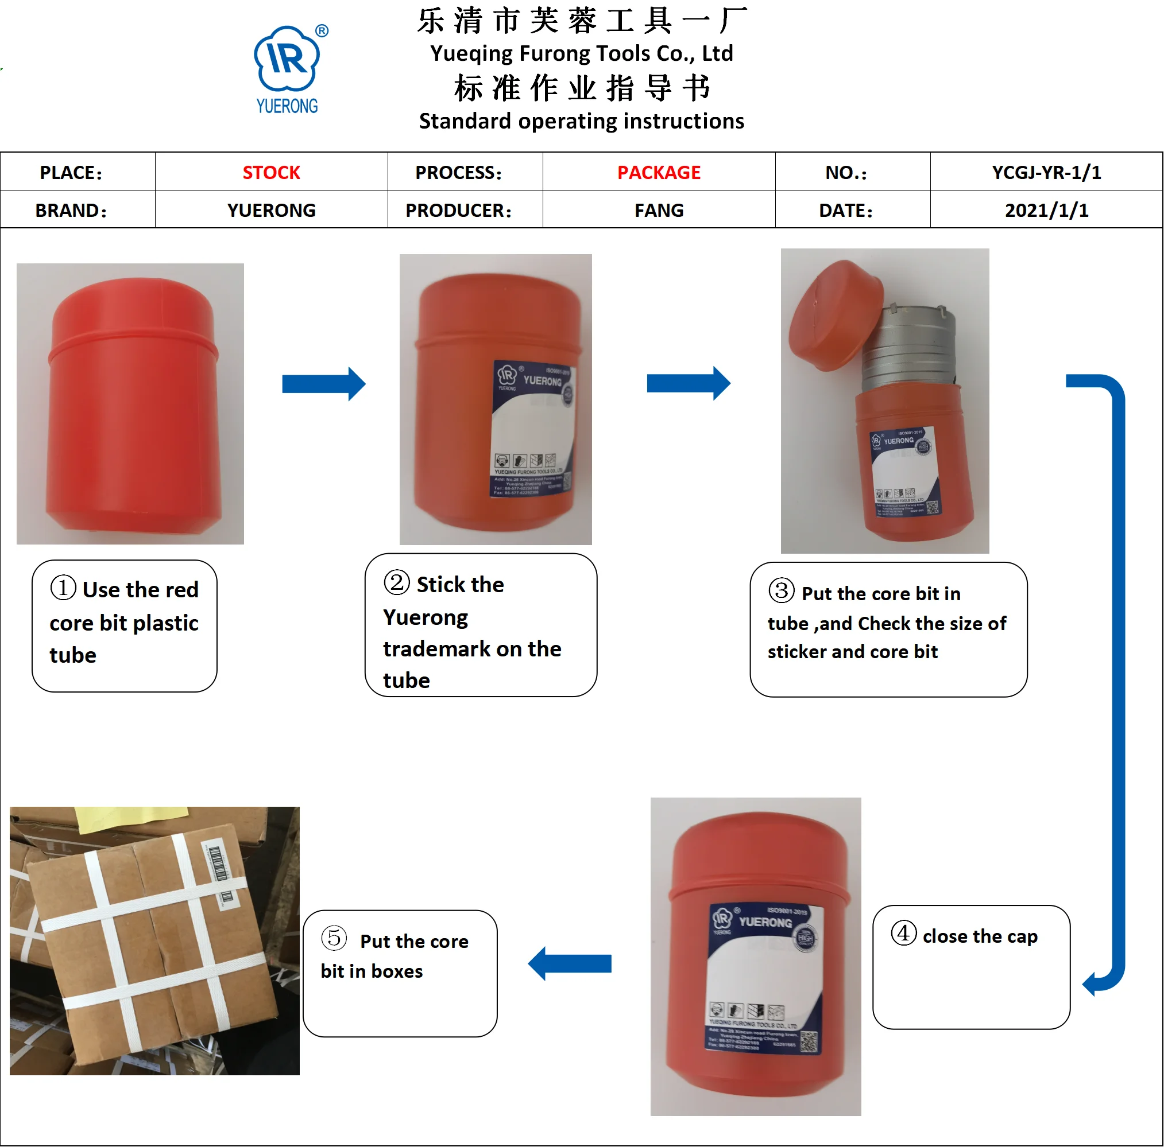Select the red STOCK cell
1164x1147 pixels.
(x=271, y=173)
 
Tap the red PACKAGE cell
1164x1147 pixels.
(x=659, y=173)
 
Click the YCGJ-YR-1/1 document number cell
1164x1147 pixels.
(x=1046, y=173)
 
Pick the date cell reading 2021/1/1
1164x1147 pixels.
(x=1046, y=210)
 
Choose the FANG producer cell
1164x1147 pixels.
(x=659, y=210)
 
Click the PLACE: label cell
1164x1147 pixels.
(x=71, y=173)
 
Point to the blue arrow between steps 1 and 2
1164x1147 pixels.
(x=323, y=384)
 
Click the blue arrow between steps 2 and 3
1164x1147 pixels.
(x=688, y=383)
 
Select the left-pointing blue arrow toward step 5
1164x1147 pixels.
(x=569, y=963)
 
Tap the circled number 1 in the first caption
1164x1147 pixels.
(x=63, y=588)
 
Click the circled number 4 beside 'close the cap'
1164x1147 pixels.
(x=903, y=933)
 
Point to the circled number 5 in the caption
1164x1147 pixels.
(x=334, y=938)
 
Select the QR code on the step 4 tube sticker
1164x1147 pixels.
(x=809, y=1041)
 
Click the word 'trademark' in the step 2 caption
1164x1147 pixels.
(x=438, y=649)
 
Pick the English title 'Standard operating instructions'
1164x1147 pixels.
(x=581, y=121)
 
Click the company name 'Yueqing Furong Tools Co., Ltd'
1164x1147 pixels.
(x=581, y=53)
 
